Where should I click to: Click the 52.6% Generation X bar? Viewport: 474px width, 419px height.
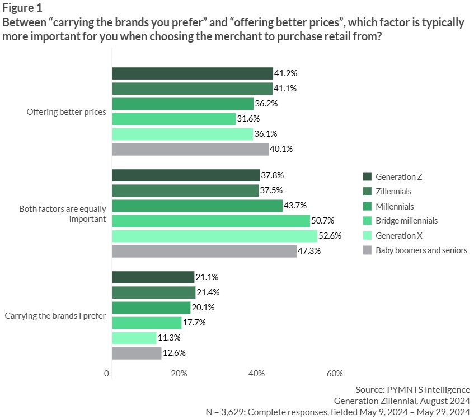pos(215,236)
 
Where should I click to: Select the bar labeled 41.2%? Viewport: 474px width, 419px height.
pos(193,73)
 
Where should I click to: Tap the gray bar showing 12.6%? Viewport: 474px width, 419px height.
pos(137,353)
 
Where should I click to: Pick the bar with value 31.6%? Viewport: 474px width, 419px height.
pos(173,119)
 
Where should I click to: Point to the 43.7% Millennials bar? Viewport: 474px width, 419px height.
pos(197,206)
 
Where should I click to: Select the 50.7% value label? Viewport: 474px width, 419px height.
pos(324,221)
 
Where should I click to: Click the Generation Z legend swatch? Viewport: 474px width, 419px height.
pos(367,177)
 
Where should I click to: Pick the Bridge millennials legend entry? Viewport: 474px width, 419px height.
pos(406,221)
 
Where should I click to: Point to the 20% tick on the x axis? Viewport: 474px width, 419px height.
pos(179,374)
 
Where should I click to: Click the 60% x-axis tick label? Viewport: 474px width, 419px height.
pos(334,374)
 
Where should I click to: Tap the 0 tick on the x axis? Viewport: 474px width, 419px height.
pos(106,374)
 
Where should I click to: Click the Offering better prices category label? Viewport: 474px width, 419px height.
pos(67,111)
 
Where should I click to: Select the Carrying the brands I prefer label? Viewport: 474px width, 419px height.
pos(55,315)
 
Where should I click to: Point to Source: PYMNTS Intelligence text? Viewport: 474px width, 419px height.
pos(412,389)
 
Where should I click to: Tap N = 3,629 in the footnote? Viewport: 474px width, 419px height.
pos(229,412)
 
